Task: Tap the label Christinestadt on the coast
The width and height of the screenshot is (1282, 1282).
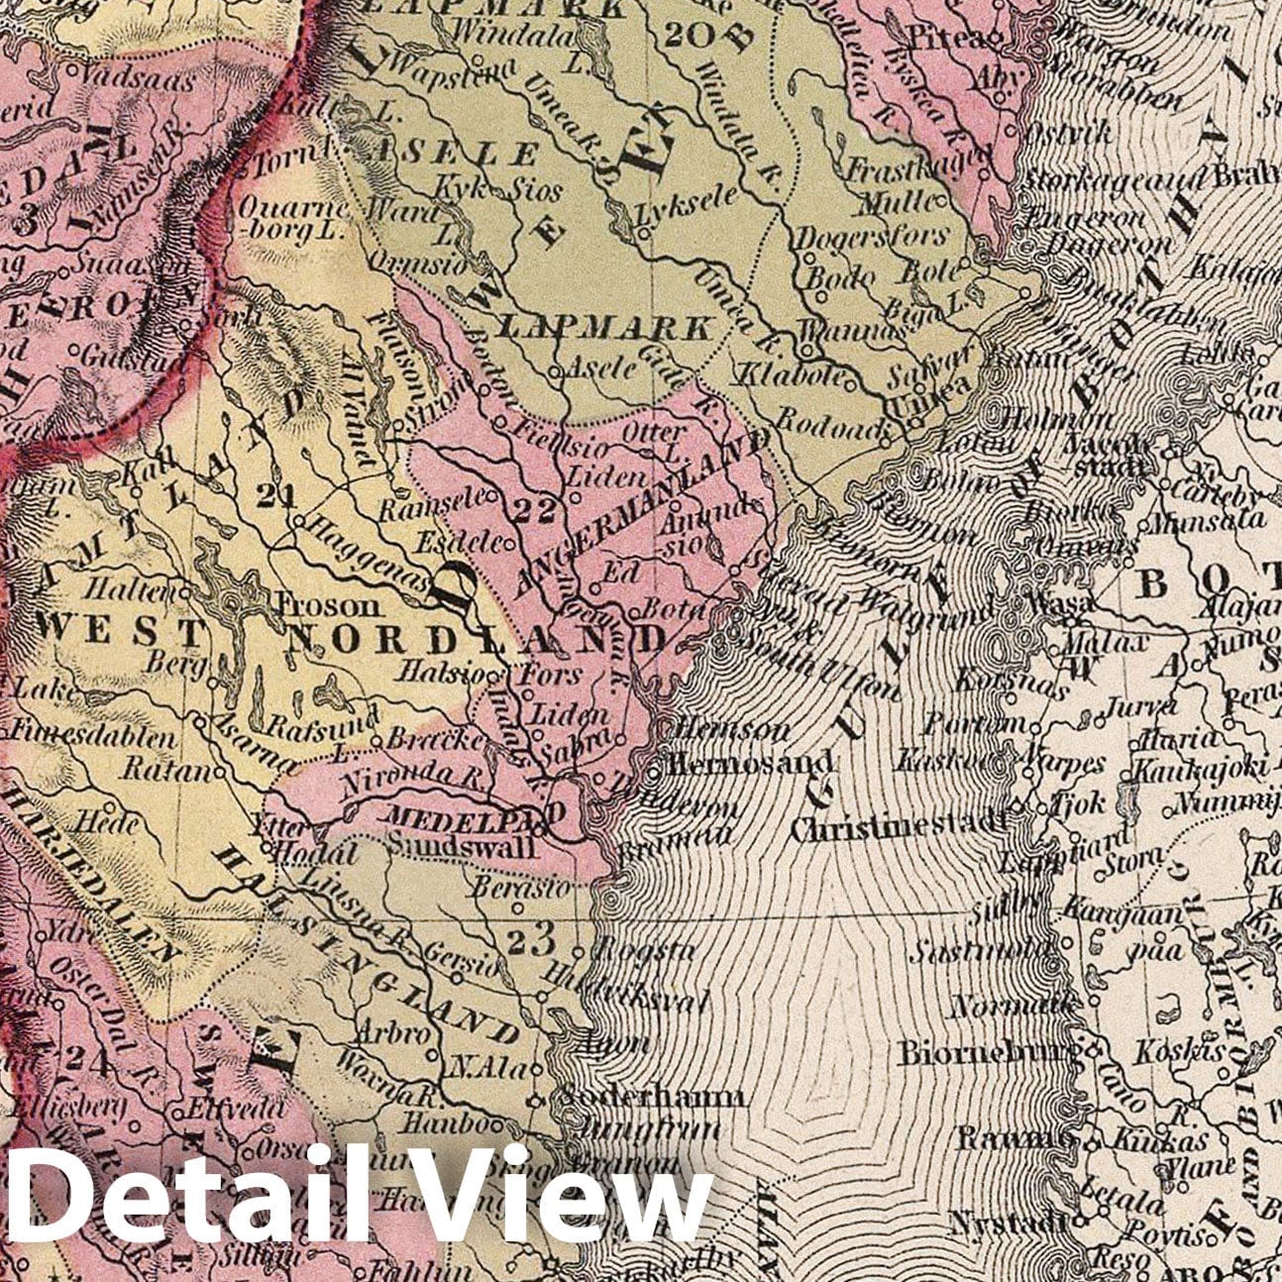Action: (898, 826)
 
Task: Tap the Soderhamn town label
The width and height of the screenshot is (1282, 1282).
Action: (646, 1097)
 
